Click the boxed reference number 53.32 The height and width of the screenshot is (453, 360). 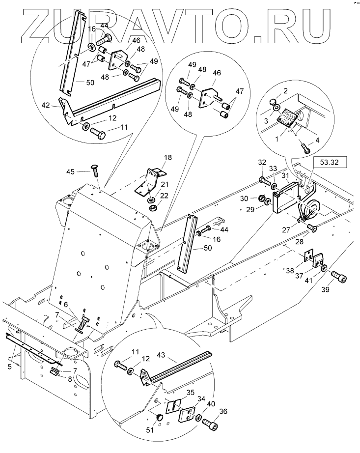(x=329, y=162)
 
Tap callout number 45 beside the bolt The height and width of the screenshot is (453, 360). (x=70, y=171)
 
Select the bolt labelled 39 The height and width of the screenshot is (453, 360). (x=338, y=276)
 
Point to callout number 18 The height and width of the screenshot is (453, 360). (x=168, y=157)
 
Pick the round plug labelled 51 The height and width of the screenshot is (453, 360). (x=159, y=418)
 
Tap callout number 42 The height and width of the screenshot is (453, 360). (x=46, y=106)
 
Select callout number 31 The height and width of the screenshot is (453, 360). (x=285, y=176)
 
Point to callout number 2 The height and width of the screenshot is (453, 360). (x=285, y=91)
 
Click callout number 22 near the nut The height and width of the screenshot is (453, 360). (x=164, y=196)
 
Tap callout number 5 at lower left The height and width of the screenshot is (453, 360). (x=9, y=367)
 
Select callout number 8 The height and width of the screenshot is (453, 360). (x=70, y=380)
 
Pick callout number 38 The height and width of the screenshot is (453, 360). (x=290, y=270)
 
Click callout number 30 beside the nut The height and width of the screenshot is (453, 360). (x=244, y=198)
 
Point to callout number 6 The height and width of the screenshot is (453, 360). (x=66, y=305)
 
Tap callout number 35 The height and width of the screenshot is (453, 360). (x=190, y=393)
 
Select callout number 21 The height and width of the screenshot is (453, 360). (x=165, y=184)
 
